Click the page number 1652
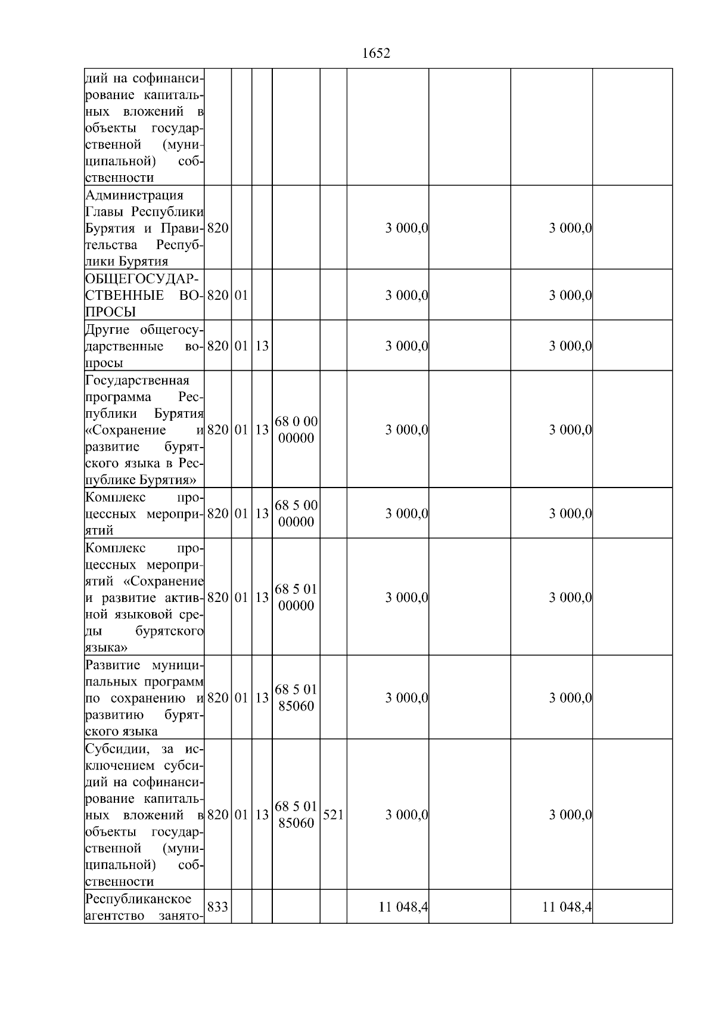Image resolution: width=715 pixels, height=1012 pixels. (376, 54)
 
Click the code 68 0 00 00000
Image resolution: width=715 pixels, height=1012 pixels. (296, 430)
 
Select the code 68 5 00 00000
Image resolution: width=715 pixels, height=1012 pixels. (296, 514)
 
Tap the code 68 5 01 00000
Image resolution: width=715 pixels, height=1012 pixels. (296, 597)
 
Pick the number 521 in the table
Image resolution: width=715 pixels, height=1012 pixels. (333, 815)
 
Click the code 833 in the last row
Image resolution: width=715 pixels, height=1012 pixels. (217, 907)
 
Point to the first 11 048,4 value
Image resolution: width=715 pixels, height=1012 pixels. (403, 907)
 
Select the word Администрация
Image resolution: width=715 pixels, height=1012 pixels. (134, 195)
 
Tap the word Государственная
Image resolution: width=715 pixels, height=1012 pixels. (137, 380)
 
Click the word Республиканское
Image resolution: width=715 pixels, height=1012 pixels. (138, 899)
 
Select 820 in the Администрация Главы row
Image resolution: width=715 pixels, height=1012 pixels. (217, 228)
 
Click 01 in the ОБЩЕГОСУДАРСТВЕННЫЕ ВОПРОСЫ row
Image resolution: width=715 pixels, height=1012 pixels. (241, 296)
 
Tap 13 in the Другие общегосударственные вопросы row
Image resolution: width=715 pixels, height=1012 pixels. (262, 346)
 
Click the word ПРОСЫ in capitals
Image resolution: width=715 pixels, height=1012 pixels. (110, 312)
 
